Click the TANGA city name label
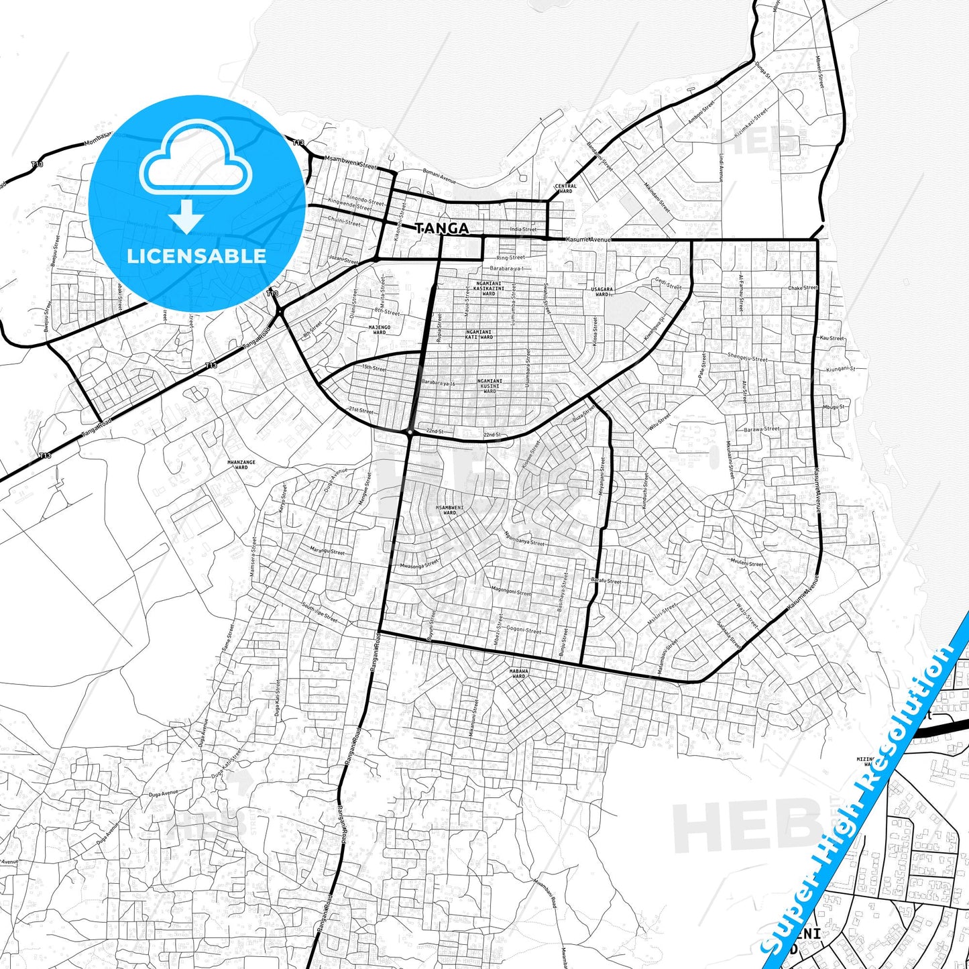[x=442, y=229]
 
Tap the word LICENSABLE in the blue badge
[x=196, y=255]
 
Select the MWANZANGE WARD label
[x=241, y=465]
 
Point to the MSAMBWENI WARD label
[x=449, y=510]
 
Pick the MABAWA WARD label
[x=518, y=673]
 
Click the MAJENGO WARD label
[x=379, y=329]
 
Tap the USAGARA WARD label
[x=602, y=292]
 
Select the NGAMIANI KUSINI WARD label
[x=490, y=386]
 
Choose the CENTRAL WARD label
[x=565, y=188]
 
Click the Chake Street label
[x=803, y=288]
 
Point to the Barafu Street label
[x=606, y=581]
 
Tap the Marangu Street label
[x=327, y=551]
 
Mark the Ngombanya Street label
[x=525, y=538]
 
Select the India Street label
[x=523, y=229]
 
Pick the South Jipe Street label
[x=319, y=613]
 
